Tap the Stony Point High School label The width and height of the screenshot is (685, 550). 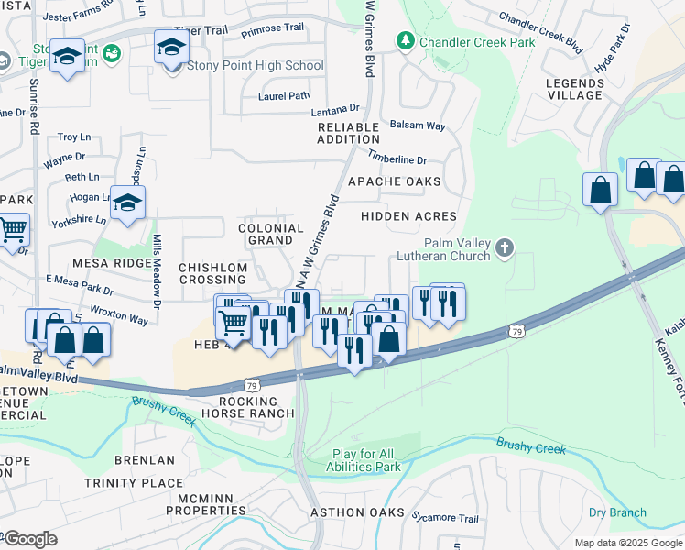pos(255,65)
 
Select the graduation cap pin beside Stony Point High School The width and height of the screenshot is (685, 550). pos(171,49)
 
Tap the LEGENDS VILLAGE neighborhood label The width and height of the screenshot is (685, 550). pos(574,89)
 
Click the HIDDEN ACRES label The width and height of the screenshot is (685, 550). pos(408,216)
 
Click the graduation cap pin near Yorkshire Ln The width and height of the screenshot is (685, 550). pos(127,203)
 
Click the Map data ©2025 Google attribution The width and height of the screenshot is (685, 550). pos(628,543)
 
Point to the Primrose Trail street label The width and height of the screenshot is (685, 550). pos(271,27)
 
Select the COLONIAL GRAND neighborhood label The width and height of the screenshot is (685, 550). pos(270,234)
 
